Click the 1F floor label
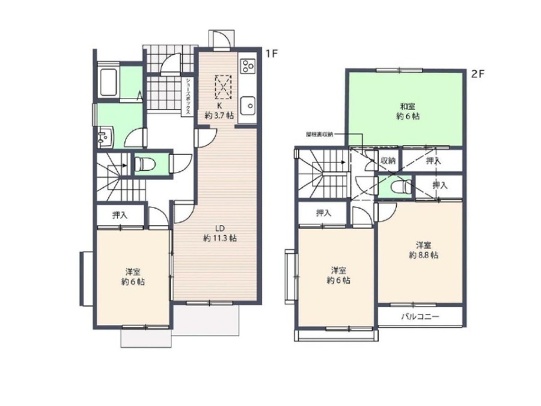point(272,54)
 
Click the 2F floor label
point(478,74)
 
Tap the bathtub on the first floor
point(108,83)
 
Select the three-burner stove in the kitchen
point(248,66)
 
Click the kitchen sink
point(248,105)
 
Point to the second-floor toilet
point(400,188)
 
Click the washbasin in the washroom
point(104,136)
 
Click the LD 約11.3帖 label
point(220,233)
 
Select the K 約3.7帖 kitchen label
point(219,111)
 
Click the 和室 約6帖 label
point(408,111)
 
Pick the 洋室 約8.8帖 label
point(423,250)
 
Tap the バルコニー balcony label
point(420,316)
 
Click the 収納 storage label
point(388,161)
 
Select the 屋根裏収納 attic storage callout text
point(320,134)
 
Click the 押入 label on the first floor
point(120,215)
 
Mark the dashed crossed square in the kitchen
point(223,87)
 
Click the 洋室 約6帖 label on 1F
point(133,277)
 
